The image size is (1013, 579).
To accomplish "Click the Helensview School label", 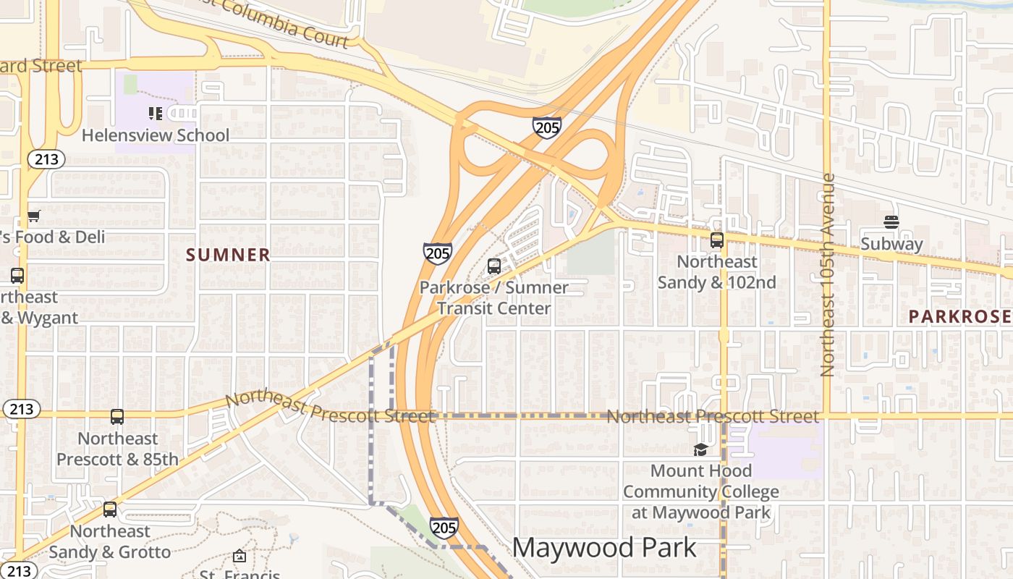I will tap(155, 135).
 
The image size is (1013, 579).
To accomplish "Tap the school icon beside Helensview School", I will tap(155, 113).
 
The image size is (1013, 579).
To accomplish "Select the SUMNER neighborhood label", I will tap(228, 255).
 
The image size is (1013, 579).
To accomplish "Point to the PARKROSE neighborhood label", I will tap(959, 316).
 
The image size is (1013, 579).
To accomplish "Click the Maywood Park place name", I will tap(604, 548).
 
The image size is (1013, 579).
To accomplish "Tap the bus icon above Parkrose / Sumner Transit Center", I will tap(494, 266).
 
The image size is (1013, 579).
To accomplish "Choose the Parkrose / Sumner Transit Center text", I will tap(494, 297).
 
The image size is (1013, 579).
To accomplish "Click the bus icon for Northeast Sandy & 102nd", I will tap(717, 240).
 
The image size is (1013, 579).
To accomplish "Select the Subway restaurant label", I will tap(891, 244).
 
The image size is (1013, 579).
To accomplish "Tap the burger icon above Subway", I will tap(891, 222).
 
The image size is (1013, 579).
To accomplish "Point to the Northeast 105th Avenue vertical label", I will tap(828, 275).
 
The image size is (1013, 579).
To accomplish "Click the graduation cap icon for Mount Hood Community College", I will tap(700, 449).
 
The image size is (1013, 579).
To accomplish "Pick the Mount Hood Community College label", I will tap(700, 491).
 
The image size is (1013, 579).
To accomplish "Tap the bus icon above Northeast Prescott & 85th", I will tap(117, 417).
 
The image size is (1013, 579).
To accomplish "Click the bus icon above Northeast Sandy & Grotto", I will tap(110, 510).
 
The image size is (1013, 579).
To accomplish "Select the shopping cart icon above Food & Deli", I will tap(34, 216).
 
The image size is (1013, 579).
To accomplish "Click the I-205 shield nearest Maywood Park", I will tap(444, 527).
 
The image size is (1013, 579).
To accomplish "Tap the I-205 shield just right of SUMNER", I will tap(438, 253).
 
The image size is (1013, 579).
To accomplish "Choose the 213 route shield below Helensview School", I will tap(46, 159).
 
